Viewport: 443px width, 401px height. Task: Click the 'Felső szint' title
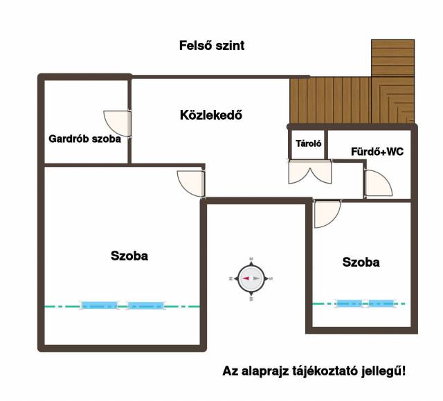point(212,46)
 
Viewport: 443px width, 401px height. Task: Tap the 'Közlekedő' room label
point(211,115)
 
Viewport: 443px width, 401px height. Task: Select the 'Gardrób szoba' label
point(84,139)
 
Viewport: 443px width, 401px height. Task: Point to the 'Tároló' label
point(309,143)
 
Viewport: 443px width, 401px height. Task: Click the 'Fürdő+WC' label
point(377,152)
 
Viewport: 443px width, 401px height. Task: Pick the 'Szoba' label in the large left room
point(129,256)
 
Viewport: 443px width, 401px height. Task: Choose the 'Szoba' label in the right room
point(361,262)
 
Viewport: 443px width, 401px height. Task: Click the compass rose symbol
point(251,278)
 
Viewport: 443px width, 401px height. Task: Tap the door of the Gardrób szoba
point(117,124)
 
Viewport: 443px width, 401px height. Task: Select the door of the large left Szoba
point(191,184)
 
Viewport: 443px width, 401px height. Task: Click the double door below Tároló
point(310,172)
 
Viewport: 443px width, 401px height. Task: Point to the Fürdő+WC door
point(378,184)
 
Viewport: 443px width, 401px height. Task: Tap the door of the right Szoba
point(327,213)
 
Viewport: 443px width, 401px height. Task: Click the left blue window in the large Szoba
point(99,305)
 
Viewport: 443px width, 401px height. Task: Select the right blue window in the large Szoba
point(146,305)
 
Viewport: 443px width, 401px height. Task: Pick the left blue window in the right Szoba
point(349,303)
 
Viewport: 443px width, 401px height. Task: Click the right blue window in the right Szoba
point(381,303)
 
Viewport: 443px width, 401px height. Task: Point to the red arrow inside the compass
point(246,278)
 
